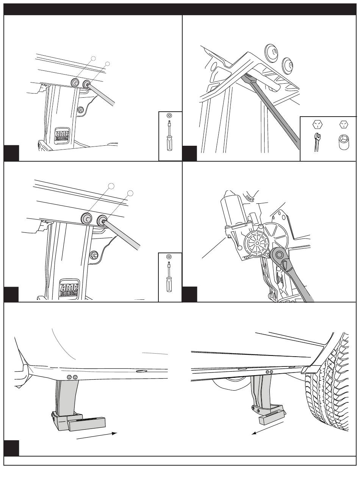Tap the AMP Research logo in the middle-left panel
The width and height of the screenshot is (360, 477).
(69, 288)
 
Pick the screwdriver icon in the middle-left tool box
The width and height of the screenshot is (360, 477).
(169, 276)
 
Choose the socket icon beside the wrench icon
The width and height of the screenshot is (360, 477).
(343, 143)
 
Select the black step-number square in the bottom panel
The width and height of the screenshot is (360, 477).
(11, 448)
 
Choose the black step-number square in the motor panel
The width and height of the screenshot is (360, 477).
(189, 295)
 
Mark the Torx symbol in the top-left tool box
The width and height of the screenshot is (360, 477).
(169, 115)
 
